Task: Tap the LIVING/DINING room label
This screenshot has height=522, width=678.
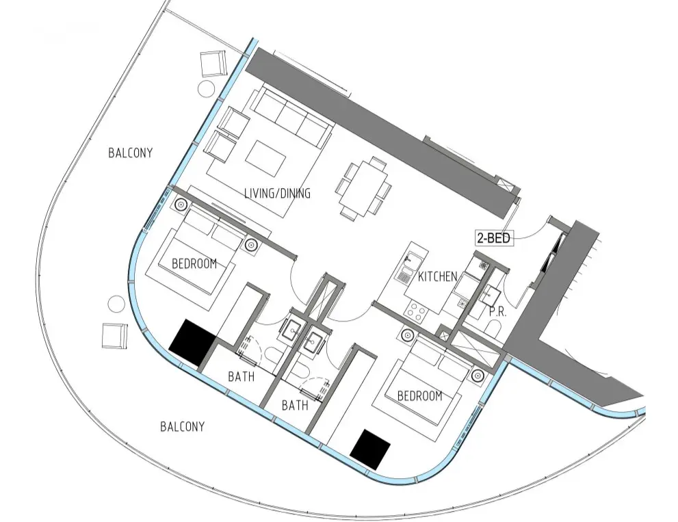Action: point(277,194)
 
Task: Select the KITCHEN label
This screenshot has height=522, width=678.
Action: point(437,276)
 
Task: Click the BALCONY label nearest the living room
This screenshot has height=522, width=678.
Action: point(130,153)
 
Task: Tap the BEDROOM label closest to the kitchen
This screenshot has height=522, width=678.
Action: point(419,395)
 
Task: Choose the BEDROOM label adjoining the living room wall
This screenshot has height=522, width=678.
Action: point(194,263)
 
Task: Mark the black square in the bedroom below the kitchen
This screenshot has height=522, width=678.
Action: point(370,449)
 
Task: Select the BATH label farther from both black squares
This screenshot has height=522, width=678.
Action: point(295,406)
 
